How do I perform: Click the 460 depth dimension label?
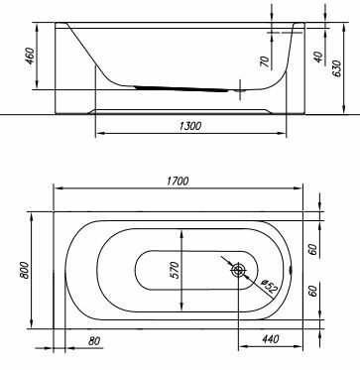(30, 57)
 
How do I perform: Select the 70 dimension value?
(266, 62)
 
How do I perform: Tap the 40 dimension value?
(318, 57)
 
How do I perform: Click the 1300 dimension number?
(190, 126)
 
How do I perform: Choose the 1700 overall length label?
(178, 181)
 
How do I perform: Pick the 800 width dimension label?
(25, 270)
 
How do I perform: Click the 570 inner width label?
(175, 270)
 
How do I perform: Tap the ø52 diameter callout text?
(269, 287)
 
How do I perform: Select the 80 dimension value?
(94, 341)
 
